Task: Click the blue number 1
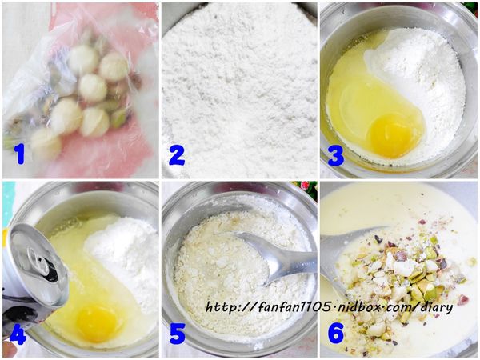(x=20, y=154)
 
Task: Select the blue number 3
(x=335, y=154)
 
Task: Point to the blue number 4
(x=18, y=333)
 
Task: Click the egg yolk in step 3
(x=391, y=134)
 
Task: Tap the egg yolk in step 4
(x=96, y=322)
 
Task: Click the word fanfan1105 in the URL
(x=294, y=306)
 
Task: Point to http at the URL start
(x=221, y=306)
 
